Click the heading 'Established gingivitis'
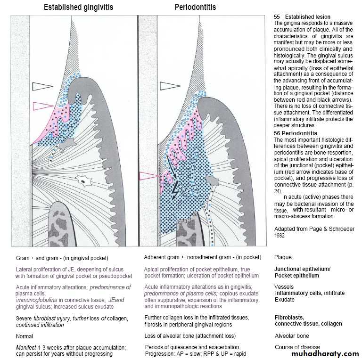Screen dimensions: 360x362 78,8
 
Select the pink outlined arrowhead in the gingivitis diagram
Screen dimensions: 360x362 41,106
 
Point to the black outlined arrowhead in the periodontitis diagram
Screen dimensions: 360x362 170,86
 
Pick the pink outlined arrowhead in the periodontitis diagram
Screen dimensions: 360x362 150,176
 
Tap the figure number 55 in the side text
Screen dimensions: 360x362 277,17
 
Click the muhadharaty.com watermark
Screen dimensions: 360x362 325,354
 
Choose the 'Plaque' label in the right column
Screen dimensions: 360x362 283,257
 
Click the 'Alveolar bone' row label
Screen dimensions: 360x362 292,336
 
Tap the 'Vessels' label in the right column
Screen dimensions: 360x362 284,286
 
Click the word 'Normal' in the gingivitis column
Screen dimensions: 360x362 25,336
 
